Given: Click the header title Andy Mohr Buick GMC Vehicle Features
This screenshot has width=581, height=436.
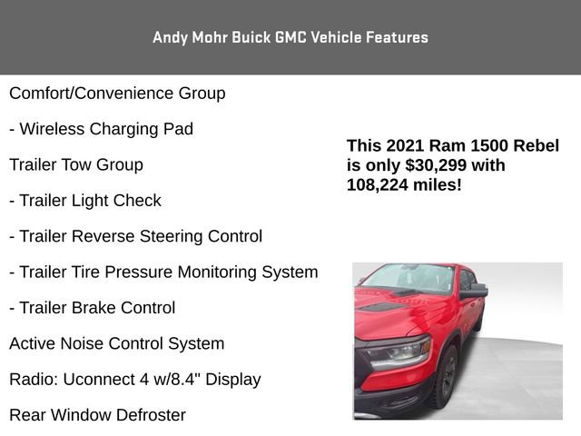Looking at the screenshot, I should tap(290, 37).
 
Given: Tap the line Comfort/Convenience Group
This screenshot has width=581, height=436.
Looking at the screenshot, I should tap(117, 94).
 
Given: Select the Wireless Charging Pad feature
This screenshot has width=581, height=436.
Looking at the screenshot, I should tap(101, 129).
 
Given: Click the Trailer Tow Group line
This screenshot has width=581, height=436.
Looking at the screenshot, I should tap(76, 165).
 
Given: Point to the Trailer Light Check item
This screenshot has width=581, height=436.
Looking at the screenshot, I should tap(85, 201).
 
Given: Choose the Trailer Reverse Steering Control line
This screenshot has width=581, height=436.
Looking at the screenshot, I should tap(135, 236).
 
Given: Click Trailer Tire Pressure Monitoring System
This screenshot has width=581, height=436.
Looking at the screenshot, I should tap(163, 272).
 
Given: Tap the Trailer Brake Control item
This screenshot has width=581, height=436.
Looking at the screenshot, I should tap(92, 308).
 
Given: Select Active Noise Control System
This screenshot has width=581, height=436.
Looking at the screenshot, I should tap(116, 343).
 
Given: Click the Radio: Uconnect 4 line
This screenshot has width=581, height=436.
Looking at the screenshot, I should tap(134, 380).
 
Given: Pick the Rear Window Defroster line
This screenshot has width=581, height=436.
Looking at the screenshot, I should tap(97, 415).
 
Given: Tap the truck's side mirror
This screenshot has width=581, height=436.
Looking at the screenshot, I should tap(474, 292).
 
